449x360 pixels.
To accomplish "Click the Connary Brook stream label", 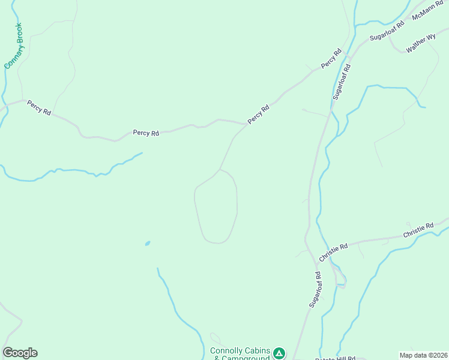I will point(13,46).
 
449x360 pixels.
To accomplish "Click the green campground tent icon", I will point(279,352).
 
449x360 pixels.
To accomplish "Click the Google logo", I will point(20,353).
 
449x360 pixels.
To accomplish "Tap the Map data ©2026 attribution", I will point(423,355).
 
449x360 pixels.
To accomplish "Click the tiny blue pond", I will point(147,243).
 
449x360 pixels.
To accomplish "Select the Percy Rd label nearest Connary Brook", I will point(39,108).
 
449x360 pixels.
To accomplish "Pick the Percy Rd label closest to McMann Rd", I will point(331,58).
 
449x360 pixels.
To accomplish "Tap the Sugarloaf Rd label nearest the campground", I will point(316,289).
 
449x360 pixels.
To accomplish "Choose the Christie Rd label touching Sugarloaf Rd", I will point(334,252).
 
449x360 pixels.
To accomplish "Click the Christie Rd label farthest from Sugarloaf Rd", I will point(418,230).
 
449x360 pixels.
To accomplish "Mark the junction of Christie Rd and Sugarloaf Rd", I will point(316,262).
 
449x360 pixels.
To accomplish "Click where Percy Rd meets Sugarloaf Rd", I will point(351,51).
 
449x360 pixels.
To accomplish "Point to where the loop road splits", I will point(220,169).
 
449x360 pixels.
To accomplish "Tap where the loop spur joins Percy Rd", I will point(246,124).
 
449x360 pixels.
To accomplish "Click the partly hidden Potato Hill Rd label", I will point(336,358).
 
